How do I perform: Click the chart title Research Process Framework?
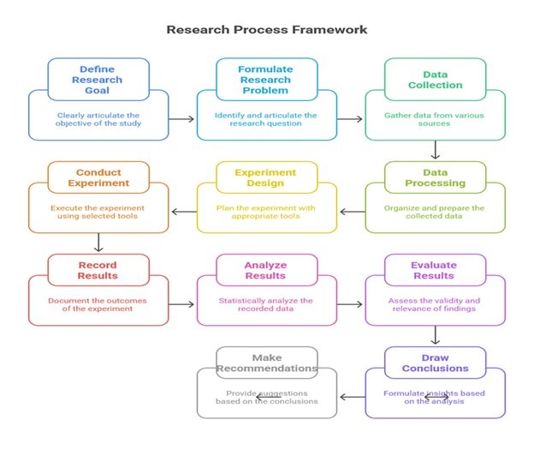(267, 29)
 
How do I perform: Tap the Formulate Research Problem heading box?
(266, 79)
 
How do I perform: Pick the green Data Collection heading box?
(436, 79)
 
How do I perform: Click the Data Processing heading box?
(436, 177)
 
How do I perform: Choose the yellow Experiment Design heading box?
(266, 177)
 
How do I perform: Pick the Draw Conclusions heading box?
(436, 363)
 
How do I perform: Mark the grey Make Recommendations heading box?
(266, 363)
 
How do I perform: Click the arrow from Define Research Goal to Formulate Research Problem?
(181, 120)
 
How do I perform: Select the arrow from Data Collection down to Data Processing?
(436, 150)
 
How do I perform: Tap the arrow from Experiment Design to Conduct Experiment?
(181, 212)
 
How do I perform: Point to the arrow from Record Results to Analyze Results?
(181, 303)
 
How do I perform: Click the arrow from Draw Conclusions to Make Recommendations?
(351, 396)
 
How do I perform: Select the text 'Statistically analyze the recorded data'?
(266, 305)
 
